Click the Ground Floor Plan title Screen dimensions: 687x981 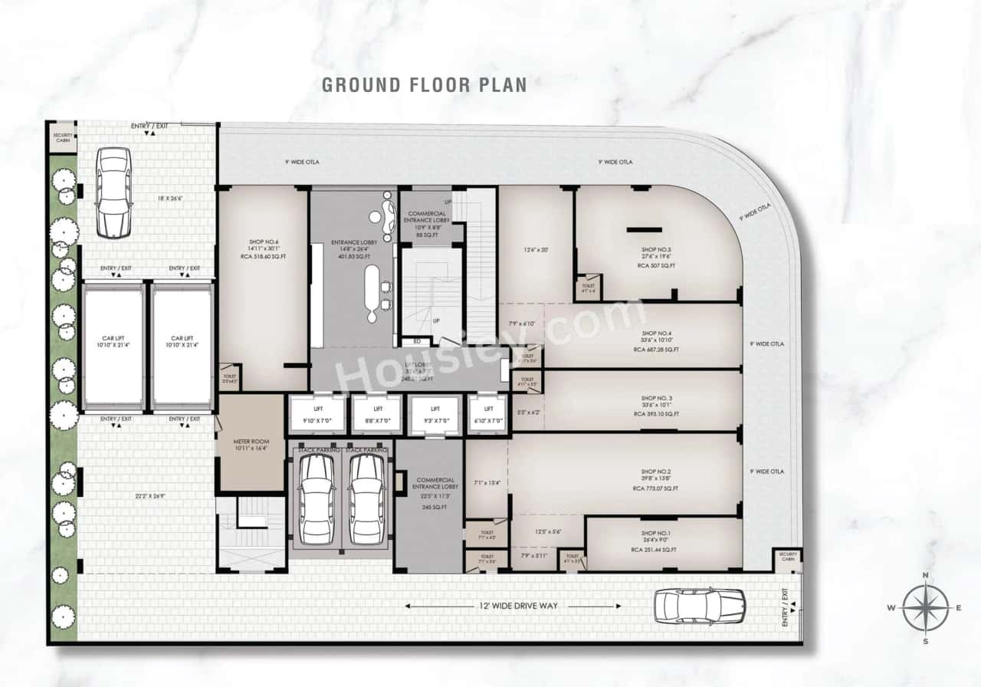[424, 84]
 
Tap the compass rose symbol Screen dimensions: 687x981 [925, 608]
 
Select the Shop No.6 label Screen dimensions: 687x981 [264, 242]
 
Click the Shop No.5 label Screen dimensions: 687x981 [656, 250]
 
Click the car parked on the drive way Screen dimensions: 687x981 [699, 606]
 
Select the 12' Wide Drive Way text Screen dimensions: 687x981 [513, 606]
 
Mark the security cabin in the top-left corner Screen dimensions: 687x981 [62, 138]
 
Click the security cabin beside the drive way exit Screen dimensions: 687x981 [787, 557]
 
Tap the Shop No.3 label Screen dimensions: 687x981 [656, 399]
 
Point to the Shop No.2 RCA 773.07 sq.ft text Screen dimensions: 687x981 [655, 488]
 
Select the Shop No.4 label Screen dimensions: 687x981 [656, 334]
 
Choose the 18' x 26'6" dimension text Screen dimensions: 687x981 [148, 199]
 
